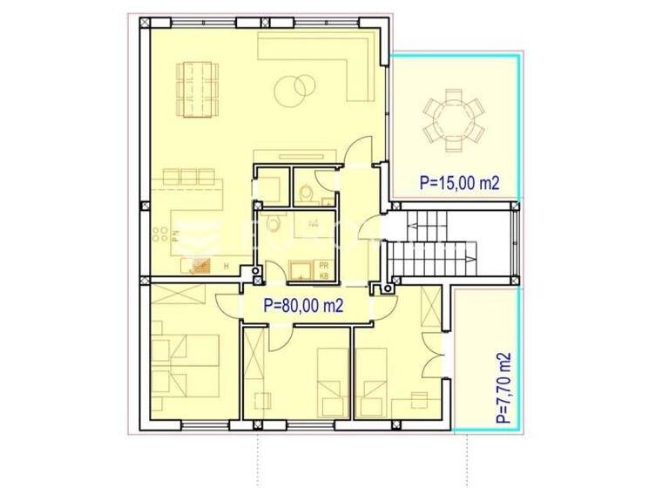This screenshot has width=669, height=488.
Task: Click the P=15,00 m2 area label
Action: click(459, 183)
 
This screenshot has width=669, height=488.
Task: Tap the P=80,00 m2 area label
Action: click(302, 305)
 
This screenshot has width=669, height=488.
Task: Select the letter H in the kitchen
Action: click(226, 266)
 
